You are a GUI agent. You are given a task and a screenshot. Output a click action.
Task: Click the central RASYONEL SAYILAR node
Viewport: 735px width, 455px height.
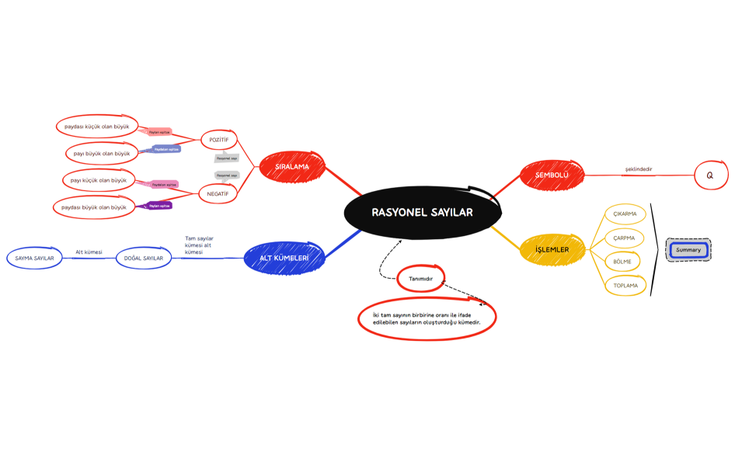(421, 212)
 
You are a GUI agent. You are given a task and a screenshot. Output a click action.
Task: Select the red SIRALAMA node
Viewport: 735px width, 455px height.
(291, 166)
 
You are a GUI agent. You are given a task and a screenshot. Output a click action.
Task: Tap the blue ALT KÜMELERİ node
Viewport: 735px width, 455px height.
(284, 258)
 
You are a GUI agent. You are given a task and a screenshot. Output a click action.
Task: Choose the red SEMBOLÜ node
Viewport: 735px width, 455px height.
(552, 175)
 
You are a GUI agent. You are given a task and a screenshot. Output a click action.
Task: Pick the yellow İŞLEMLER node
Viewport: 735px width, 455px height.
(551, 250)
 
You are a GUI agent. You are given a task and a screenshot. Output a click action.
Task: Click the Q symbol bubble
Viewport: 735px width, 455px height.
(710, 175)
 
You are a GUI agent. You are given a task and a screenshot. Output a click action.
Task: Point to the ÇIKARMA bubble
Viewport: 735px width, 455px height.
(625, 214)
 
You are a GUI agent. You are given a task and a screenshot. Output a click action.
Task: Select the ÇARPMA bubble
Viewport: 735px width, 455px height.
(625, 238)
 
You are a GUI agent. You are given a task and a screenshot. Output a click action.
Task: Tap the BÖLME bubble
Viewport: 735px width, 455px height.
(622, 262)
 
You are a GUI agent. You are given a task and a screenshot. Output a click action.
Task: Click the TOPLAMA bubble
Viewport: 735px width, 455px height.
(625, 286)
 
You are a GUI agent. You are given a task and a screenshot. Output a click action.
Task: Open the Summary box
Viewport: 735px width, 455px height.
(688, 250)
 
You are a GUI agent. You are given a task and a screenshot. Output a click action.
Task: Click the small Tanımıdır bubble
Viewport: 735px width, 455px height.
(420, 278)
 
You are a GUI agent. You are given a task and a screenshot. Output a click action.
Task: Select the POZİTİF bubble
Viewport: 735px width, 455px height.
(218, 140)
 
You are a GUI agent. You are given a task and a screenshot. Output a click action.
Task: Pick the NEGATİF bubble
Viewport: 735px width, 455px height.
(218, 193)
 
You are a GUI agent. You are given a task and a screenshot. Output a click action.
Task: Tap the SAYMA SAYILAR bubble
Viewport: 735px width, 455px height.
(34, 258)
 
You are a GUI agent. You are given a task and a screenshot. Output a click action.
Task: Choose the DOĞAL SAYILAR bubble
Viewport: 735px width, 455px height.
(144, 258)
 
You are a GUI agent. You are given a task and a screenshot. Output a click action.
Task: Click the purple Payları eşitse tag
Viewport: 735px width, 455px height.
(159, 206)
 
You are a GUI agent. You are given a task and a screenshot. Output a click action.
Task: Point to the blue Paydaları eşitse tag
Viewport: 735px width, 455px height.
(166, 148)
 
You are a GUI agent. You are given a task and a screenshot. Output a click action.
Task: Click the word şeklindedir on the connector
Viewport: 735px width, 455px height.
(638, 169)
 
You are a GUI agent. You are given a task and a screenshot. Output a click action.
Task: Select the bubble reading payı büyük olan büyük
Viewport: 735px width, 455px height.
(102, 153)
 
